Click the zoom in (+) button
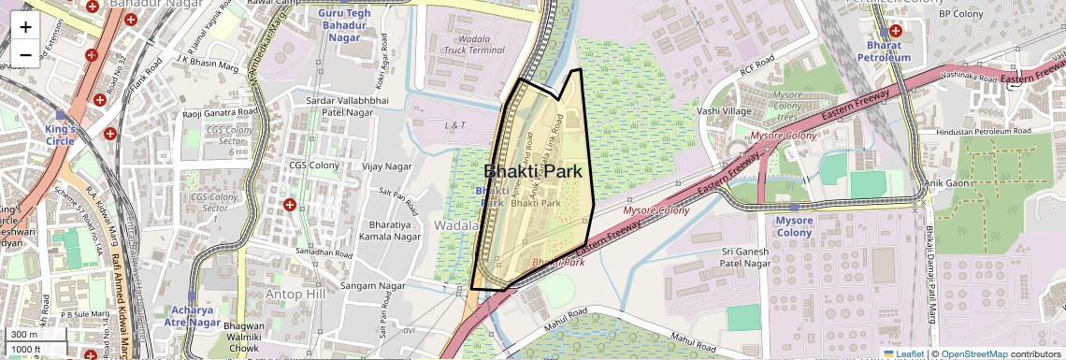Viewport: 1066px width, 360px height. point(25,27)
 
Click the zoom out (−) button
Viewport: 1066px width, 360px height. point(25,55)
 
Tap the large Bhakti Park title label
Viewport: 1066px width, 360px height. point(532,171)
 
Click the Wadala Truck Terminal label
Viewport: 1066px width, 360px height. point(474,43)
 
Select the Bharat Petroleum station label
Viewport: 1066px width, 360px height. point(884,51)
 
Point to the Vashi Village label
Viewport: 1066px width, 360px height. point(724,111)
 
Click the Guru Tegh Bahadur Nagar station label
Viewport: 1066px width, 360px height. point(344,26)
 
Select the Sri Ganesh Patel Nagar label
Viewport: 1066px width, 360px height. point(744,258)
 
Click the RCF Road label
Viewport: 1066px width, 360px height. point(757,68)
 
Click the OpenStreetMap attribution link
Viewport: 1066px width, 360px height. point(974,353)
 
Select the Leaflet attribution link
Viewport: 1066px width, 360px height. point(903,353)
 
